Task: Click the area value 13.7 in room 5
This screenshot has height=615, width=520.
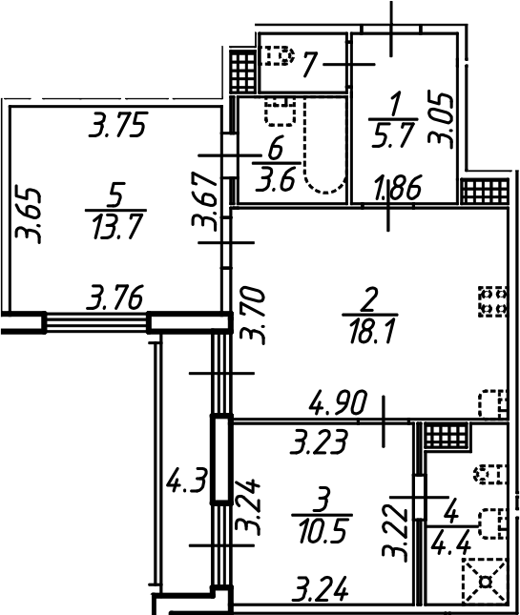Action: pos(115,228)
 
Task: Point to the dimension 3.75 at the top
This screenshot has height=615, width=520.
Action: pos(118,126)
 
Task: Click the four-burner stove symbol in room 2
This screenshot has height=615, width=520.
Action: pos(491,301)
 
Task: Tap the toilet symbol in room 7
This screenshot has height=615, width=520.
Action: pos(278,57)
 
